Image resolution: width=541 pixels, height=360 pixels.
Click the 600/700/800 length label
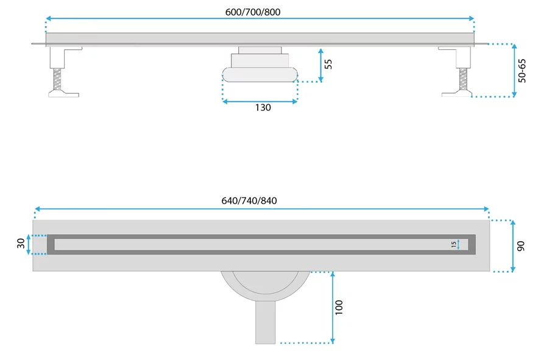pos(260,12)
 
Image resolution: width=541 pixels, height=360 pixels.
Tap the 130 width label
pos(263,108)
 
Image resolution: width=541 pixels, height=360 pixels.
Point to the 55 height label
pos(329,64)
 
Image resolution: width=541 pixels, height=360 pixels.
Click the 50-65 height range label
pos(522,69)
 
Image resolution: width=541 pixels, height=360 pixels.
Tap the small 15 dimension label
pos(454,244)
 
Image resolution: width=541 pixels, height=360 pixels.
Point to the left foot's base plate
pos(63,93)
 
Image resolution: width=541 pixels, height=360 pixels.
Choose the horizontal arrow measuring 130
pos(260,101)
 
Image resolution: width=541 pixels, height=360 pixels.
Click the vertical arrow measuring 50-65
pos(514,70)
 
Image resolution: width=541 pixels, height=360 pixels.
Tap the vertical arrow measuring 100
pos(333,307)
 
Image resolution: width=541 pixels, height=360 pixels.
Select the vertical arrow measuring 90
pos(514,245)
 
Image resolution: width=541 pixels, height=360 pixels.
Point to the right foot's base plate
pos(456,93)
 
